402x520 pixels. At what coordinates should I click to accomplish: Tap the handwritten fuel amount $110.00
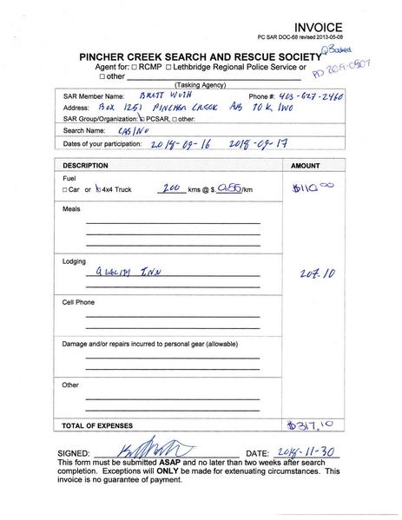312,185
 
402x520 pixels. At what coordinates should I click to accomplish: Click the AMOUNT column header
305,164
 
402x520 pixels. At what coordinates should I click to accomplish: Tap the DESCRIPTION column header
86,164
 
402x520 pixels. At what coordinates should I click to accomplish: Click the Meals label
70,210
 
